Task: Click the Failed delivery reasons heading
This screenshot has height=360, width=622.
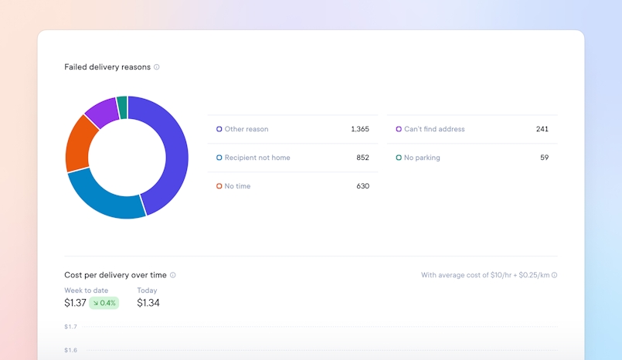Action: coord(107,67)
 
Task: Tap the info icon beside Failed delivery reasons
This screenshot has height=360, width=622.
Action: coord(157,67)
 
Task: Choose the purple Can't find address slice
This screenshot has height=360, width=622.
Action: coord(101,112)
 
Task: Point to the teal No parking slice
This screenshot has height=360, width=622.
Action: coord(122,107)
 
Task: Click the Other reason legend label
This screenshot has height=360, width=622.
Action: coord(246,129)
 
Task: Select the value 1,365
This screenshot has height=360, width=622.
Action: coord(359,129)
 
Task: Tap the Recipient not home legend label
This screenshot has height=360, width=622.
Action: coord(257,158)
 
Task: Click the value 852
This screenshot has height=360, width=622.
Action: coord(362,158)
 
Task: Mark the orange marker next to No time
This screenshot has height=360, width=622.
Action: coord(219,186)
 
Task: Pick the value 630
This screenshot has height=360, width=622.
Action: coord(362,186)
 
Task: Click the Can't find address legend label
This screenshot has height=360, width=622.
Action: coord(434,129)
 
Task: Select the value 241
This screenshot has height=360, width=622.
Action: coord(542,129)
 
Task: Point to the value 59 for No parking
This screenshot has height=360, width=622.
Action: coord(544,158)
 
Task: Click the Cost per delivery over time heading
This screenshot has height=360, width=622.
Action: coord(115,275)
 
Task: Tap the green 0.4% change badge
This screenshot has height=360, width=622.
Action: coord(104,303)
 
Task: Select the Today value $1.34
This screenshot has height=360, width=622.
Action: coord(148,303)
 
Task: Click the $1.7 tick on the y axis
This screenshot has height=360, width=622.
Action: coord(70,327)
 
